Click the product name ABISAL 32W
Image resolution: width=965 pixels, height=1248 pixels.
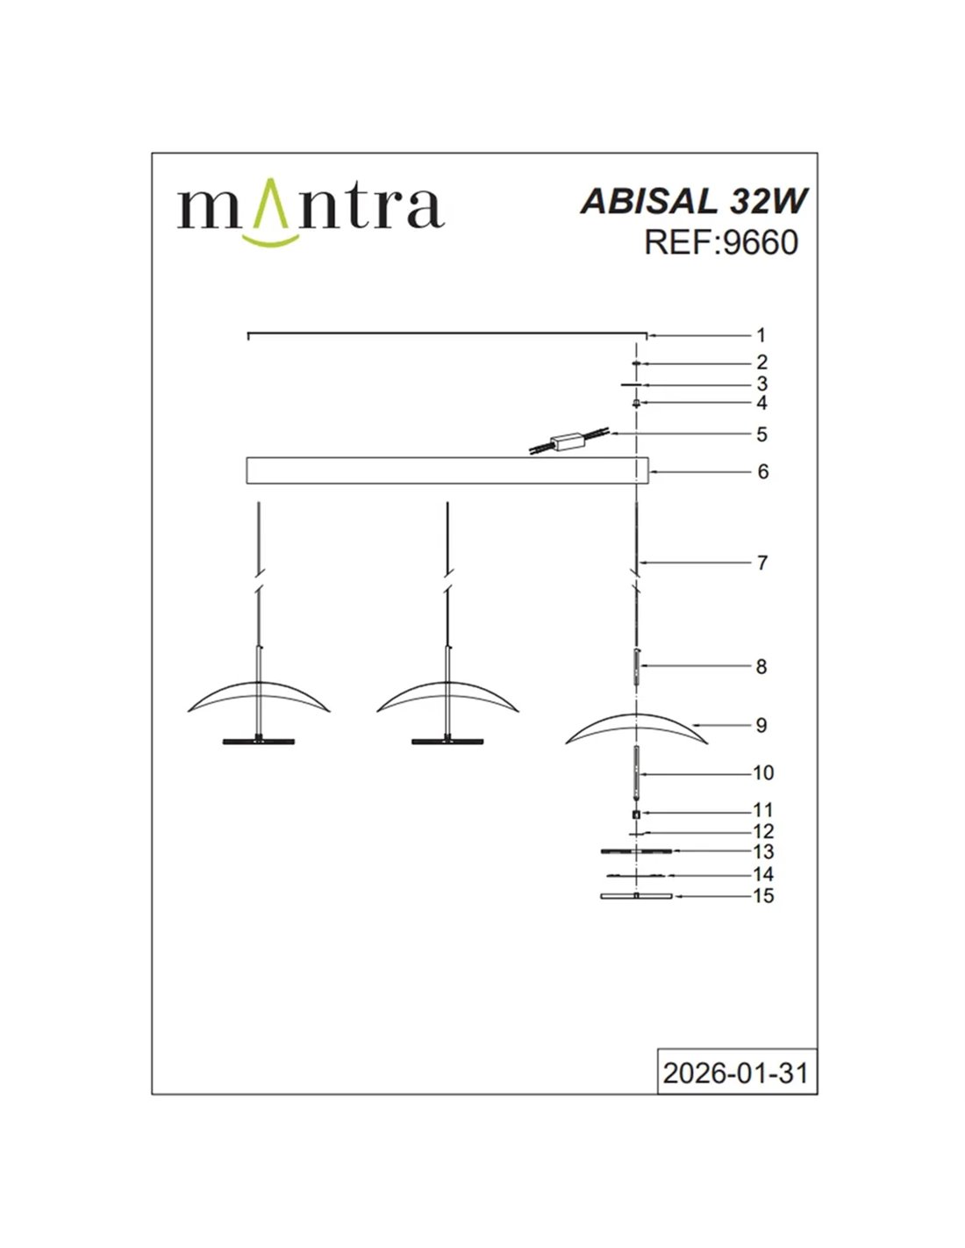coord(693,202)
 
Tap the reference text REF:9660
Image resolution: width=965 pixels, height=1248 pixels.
coord(721,243)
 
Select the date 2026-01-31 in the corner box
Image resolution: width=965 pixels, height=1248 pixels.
coord(736,1072)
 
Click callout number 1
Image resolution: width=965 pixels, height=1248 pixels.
coord(761,335)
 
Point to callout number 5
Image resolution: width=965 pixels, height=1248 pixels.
coord(761,434)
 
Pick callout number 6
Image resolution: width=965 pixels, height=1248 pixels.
coord(761,471)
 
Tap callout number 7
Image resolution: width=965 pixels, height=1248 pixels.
coord(761,563)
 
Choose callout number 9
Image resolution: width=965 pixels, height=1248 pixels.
coord(761,726)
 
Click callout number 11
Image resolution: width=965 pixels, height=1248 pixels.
coord(763,810)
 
